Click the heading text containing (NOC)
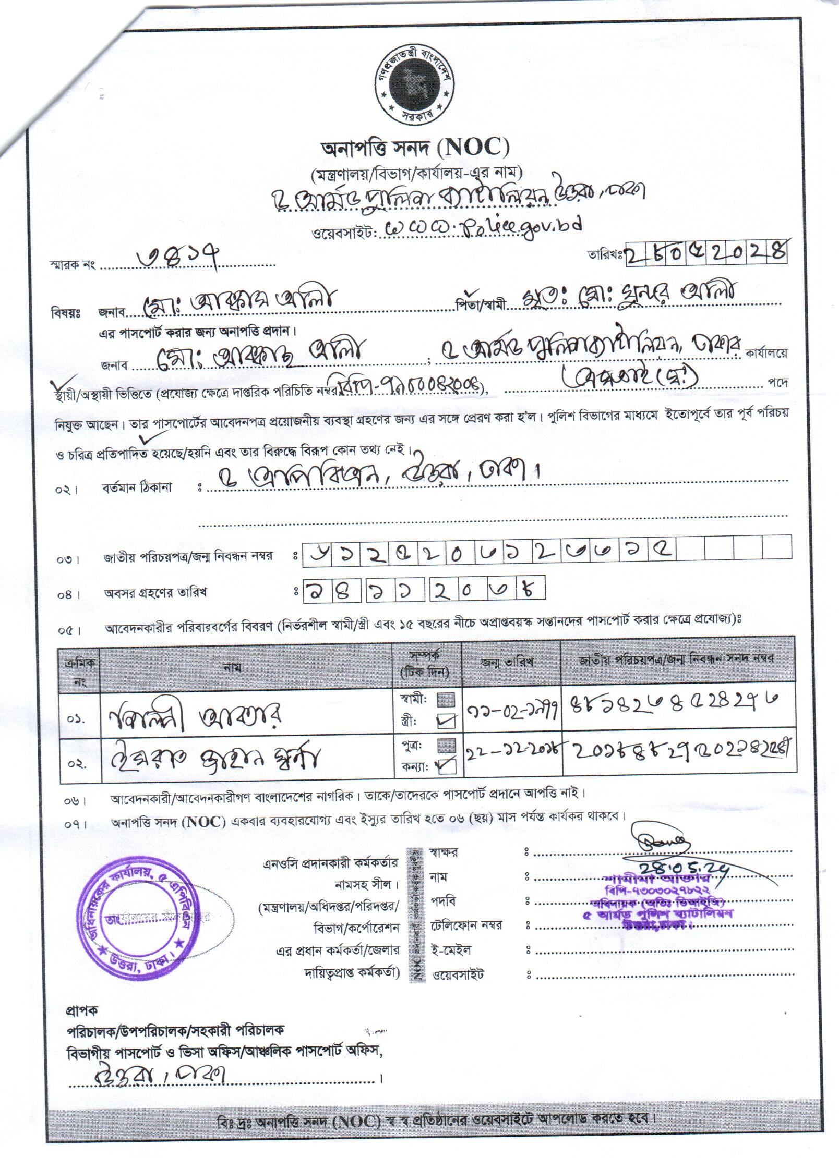[x=415, y=150]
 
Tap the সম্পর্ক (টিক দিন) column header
[x=427, y=664]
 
